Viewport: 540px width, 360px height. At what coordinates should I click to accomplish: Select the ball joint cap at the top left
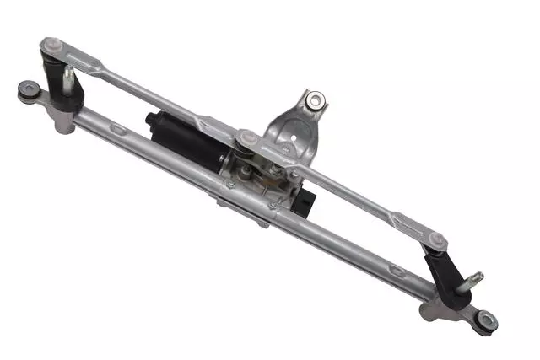point(53,45)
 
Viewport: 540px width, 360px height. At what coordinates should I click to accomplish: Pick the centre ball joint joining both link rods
point(247,137)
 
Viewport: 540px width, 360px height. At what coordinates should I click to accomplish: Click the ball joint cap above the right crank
point(436,239)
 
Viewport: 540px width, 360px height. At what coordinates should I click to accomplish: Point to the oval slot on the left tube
point(116,128)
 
